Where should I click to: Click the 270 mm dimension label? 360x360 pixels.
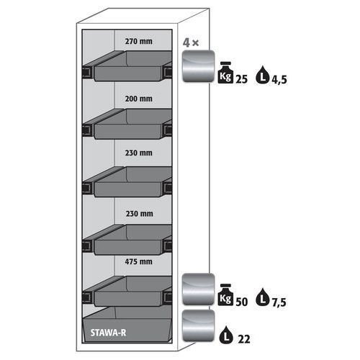click(x=138, y=41)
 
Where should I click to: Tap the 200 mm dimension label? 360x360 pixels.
click(x=138, y=99)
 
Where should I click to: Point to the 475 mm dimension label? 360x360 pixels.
click(x=138, y=261)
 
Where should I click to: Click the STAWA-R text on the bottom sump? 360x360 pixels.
click(x=108, y=333)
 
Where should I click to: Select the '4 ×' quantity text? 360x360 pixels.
click(x=191, y=42)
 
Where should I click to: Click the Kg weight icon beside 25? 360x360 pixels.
click(x=225, y=73)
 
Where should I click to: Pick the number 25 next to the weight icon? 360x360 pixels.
click(x=241, y=79)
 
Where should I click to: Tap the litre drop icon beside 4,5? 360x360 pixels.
click(x=263, y=75)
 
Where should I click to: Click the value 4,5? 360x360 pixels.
click(x=279, y=79)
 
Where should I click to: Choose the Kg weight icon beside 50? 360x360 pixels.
click(x=225, y=294)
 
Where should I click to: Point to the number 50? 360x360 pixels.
click(x=241, y=302)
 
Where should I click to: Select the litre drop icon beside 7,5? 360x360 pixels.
click(x=263, y=297)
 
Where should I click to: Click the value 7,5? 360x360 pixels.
click(x=279, y=302)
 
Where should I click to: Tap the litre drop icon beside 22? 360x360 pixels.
click(x=226, y=335)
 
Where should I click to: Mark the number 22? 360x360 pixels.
click(x=244, y=339)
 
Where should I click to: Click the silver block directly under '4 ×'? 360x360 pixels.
click(x=198, y=66)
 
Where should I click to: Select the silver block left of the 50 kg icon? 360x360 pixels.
click(x=198, y=289)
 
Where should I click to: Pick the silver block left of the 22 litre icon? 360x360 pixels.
click(x=198, y=325)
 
